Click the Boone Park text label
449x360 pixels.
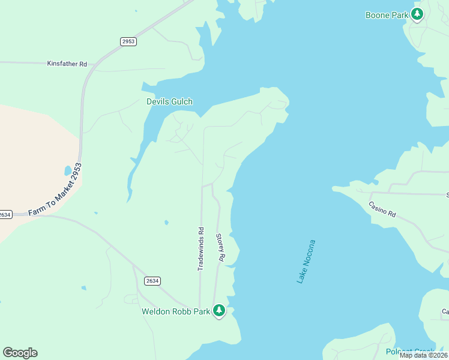387,15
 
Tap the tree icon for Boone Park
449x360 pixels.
417,14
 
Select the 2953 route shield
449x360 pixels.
128,41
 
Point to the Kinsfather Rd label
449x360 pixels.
67,63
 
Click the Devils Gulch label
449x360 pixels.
169,101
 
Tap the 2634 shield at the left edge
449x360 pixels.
5,214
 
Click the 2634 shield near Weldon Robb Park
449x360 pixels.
152,280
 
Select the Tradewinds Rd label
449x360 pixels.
201,248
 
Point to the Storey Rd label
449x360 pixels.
220,247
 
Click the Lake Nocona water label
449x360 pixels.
306,262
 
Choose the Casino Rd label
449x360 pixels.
382,209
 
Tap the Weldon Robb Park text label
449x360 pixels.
176,311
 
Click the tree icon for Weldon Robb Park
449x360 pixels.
219,310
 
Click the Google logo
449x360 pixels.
20,353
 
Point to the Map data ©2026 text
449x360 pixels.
424,355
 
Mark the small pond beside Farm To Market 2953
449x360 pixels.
68,170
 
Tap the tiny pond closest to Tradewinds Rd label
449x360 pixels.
166,223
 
